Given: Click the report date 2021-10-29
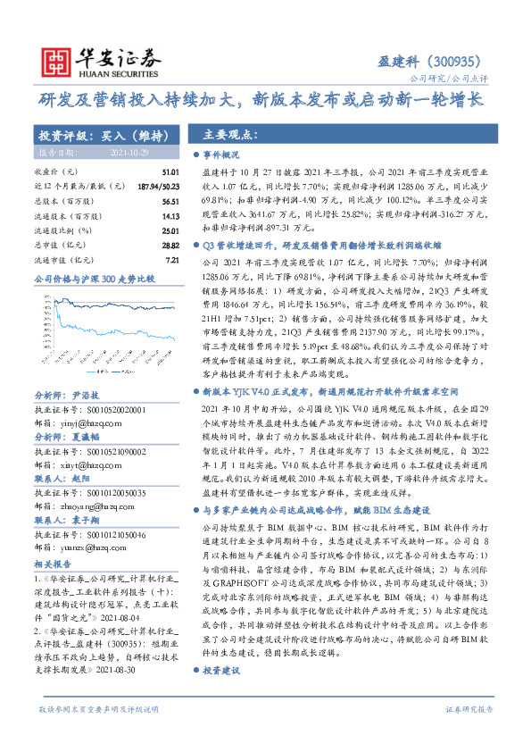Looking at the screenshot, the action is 128,154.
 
